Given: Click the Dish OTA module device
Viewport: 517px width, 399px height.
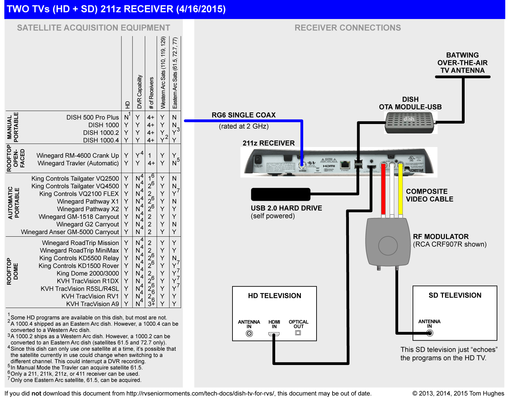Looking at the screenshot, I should tap(410, 122).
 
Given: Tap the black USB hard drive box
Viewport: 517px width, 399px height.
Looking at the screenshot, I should tap(281, 194).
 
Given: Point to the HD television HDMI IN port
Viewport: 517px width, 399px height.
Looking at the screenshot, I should tap(274, 334).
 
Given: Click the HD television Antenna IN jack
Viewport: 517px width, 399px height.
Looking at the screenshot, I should tap(249, 333).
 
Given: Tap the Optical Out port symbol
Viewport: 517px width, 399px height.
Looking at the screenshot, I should tap(298, 333).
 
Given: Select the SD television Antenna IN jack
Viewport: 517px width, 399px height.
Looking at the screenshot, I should tap(430, 333).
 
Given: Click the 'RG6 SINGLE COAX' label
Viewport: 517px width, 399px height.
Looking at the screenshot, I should tap(243, 115).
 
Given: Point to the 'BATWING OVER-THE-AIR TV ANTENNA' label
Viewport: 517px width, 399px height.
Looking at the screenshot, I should tap(462, 63).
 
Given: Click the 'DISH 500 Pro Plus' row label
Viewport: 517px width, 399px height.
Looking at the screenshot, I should tap(92, 117).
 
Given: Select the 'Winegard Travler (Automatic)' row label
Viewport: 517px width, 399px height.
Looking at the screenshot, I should tap(78, 163).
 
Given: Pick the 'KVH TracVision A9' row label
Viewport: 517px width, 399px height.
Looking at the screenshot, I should tap(92, 304).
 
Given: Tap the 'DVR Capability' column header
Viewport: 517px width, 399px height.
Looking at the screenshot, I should tap(139, 92).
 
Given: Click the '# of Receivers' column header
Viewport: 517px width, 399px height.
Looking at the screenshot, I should tap(151, 93).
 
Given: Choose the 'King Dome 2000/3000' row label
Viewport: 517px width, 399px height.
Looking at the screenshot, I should tap(88, 273).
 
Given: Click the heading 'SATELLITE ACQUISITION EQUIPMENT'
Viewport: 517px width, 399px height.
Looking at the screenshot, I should tap(93, 28).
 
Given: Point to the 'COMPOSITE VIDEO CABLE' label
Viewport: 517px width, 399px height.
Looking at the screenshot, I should tap(430, 195).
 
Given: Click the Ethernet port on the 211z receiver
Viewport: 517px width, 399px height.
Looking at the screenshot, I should tap(345, 164).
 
